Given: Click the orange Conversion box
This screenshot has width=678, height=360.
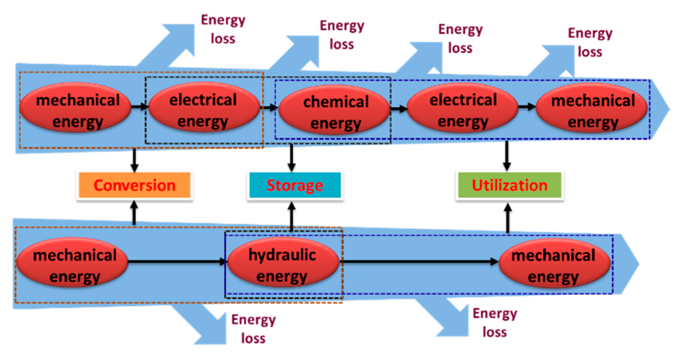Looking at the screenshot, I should coord(134,185).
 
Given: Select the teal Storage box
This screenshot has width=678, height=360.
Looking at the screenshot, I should coord(295,185).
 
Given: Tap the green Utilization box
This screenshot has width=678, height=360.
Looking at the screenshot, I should coord(509,185).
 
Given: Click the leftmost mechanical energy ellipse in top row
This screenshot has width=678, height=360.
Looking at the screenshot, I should coord(75,108).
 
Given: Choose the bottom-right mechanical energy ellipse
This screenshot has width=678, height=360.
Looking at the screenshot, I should coord(554,263).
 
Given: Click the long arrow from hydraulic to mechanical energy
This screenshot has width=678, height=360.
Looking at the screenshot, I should coord(419,262).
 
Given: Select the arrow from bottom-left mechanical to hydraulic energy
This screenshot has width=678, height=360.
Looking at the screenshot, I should coord(176,262).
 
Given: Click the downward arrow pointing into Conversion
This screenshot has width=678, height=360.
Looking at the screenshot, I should coord(134,160).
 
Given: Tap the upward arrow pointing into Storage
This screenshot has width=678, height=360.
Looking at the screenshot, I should coord(292,215).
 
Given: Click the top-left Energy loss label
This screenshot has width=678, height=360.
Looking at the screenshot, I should coord(223,29).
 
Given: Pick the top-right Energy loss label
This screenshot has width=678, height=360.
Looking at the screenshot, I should coord(590,42).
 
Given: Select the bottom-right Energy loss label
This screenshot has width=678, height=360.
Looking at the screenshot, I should coord(495,323).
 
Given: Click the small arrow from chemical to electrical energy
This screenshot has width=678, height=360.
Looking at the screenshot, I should coord(399,109).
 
